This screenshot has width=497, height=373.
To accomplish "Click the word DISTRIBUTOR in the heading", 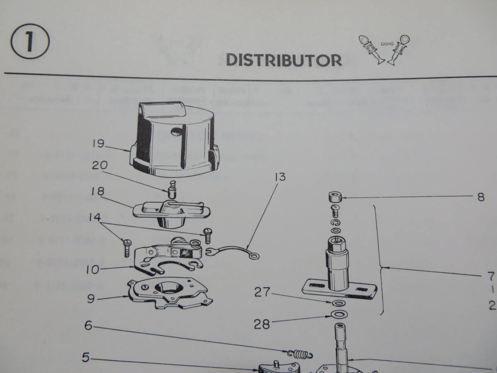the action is pos(284,61).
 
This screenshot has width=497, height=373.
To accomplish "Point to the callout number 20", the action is pos(99,166).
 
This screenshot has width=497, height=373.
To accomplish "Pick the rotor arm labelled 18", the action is pos(169,211).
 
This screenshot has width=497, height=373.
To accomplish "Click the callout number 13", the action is pos(280,177).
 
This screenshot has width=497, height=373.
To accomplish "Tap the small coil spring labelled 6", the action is pos(299,354).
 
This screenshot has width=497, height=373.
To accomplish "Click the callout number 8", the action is pos(480,198).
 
